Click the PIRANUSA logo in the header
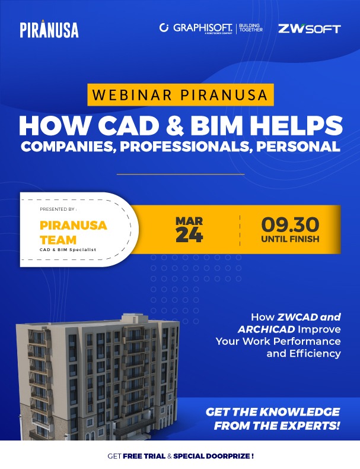tap(49, 29)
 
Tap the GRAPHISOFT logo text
tap(203, 28)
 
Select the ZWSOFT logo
tap(310, 28)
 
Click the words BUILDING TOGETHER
tap(251, 27)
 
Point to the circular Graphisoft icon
tap(164, 27)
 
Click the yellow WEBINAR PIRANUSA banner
tap(180, 95)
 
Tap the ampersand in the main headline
tap(175, 126)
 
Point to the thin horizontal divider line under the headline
tap(180, 174)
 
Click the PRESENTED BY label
tap(58, 210)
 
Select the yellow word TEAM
tap(58, 240)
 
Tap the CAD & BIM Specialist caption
tap(68, 249)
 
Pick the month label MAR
tap(189, 221)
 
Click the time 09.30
tap(290, 225)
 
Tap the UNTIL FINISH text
tap(290, 239)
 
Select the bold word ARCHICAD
tap(266, 329)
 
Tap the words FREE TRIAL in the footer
tap(144, 456)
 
